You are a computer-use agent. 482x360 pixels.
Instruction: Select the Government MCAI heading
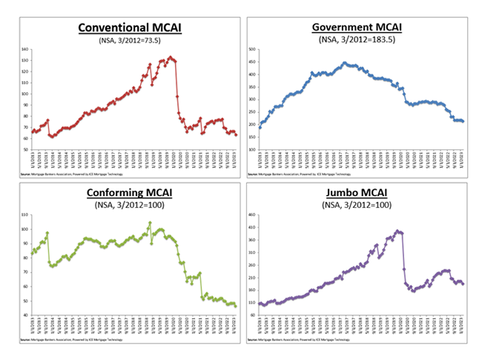[x=357, y=28]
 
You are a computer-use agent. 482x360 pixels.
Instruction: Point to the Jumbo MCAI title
[x=357, y=194]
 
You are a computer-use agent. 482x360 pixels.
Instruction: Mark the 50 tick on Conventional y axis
[x=25, y=149]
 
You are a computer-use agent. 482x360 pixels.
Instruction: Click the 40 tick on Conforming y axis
[x=25, y=315]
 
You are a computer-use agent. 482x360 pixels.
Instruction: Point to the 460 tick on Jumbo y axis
[x=252, y=215]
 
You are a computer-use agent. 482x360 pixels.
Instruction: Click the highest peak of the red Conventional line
[x=170, y=56]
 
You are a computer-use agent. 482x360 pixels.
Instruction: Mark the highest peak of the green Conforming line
[x=150, y=223]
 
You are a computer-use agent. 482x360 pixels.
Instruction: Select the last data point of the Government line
[x=463, y=122]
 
